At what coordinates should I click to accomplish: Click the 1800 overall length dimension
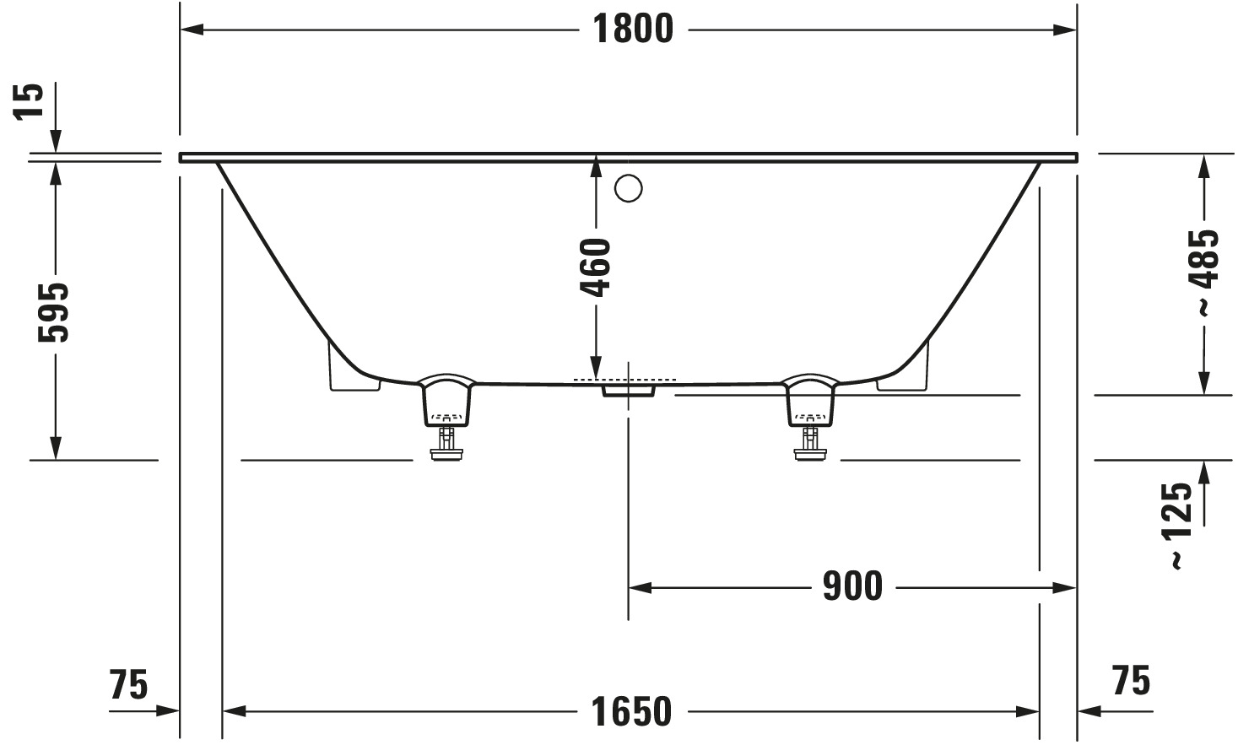[x=634, y=29]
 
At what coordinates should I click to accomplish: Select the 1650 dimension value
[x=632, y=712]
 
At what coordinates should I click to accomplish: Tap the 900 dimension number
[x=853, y=586]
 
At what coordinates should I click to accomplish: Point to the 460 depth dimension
[x=595, y=267]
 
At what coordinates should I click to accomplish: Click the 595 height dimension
[x=54, y=312]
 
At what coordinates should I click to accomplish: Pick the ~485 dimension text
[x=1204, y=273]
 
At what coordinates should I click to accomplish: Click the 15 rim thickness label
[x=28, y=100]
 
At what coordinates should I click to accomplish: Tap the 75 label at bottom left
[x=129, y=684]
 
